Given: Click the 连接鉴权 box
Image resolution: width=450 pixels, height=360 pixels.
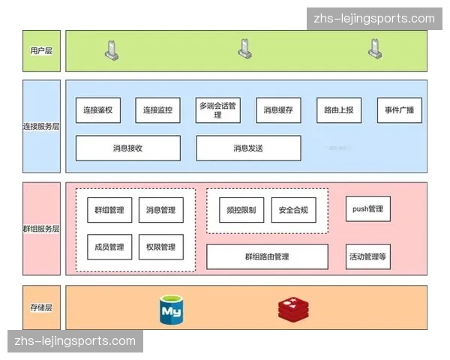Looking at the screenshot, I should tap(98, 110).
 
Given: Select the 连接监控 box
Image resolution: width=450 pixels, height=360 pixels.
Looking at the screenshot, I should tap(158, 110).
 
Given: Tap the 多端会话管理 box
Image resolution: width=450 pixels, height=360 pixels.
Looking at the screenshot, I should tap(218, 110).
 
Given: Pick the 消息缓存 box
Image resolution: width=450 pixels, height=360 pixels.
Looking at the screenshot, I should tap(278, 110).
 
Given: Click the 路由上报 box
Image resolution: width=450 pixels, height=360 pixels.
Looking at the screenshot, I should tap(338, 110).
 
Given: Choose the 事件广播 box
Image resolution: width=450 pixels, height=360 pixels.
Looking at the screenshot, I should tap(399, 110).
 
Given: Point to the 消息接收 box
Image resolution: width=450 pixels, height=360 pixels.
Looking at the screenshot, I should tap(128, 148).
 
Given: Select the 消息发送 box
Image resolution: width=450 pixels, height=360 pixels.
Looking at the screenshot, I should tap(248, 148).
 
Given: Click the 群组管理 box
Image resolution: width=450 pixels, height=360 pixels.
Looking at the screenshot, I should tap(109, 210).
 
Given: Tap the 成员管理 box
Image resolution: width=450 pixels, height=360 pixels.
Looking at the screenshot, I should tap(109, 247).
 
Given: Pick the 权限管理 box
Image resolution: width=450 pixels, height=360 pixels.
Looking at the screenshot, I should tap(160, 247).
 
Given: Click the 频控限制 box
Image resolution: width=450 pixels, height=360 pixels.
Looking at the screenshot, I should tap(241, 210).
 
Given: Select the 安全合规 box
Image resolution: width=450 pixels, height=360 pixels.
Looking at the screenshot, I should tap(293, 210).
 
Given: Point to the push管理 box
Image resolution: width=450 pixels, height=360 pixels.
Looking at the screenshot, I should tap(367, 208).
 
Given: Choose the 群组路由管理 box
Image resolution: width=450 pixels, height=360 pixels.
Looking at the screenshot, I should tap(267, 256).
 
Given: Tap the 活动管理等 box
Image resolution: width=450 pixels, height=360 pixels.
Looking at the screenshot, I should tap(367, 256).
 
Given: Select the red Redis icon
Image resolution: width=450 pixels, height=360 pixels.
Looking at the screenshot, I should tap(293, 309).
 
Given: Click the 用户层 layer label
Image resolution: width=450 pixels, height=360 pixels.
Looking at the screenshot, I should tap(40, 51).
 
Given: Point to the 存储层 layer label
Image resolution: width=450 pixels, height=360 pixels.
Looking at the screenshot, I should tap(40, 307).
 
